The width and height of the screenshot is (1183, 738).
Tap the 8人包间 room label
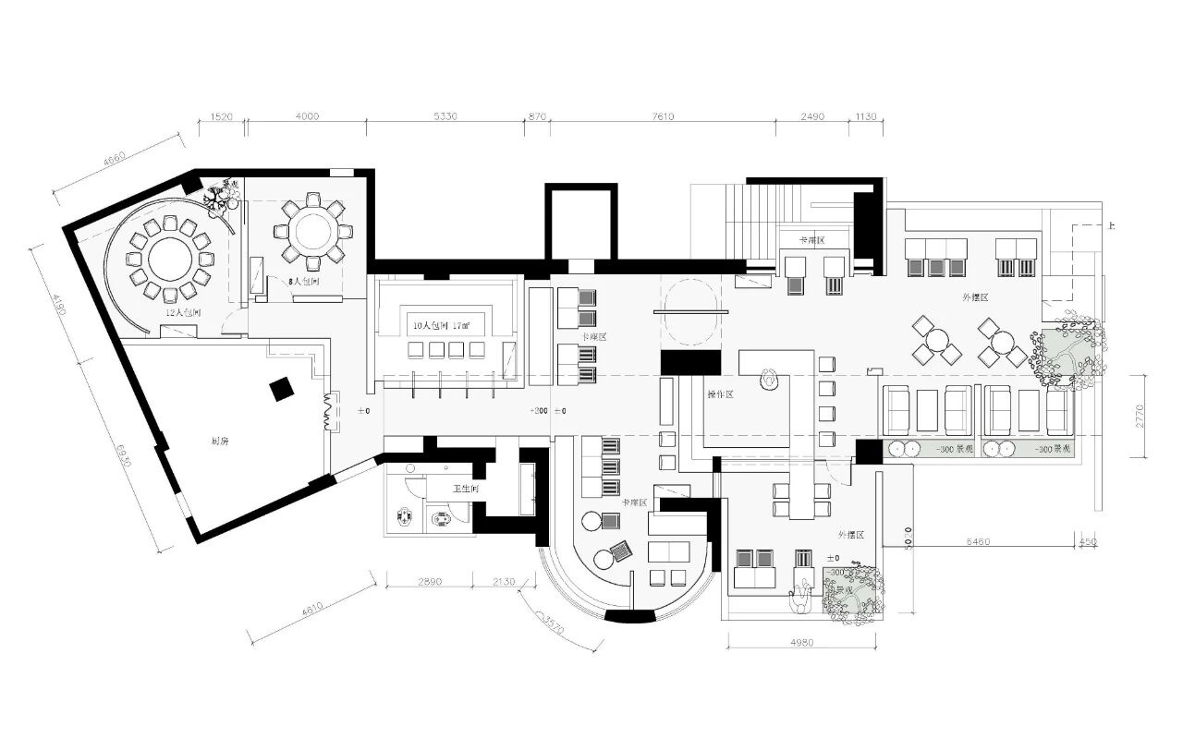[x=303, y=281]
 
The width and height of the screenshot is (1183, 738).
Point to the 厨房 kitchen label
[x=220, y=442]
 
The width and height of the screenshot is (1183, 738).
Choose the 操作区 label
[x=720, y=394]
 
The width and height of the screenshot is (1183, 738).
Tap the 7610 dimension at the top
[x=663, y=116]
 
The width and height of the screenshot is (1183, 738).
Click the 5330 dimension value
[x=445, y=116]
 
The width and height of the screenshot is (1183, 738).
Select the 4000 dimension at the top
[x=307, y=116]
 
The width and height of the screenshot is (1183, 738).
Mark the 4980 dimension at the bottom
[x=802, y=643]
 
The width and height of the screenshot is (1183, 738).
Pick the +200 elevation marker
[x=538, y=411]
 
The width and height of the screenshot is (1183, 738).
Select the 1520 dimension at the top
[x=222, y=116]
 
